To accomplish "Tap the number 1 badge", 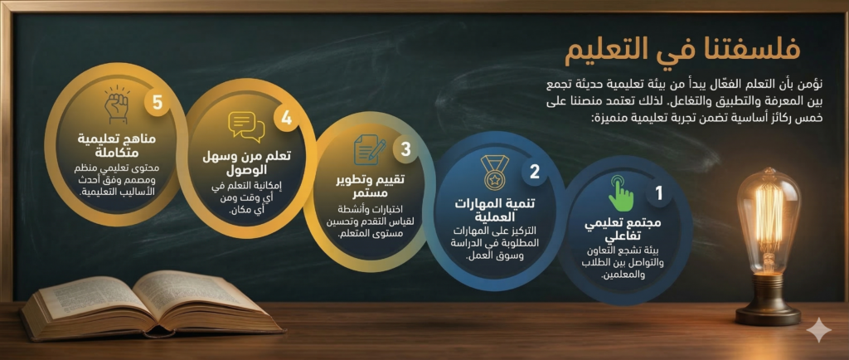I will [659, 194].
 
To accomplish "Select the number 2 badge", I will [535, 172].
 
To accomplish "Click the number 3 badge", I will [405, 149].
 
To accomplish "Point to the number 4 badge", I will [286, 118].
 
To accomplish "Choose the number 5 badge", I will [157, 102].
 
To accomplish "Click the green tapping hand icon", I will [621, 193].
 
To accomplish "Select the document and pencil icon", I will [369, 150].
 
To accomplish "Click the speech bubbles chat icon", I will [246, 126].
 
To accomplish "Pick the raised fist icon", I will [118, 105].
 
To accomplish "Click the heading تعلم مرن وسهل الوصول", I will [246, 163].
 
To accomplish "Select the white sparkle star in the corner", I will [818, 331].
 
